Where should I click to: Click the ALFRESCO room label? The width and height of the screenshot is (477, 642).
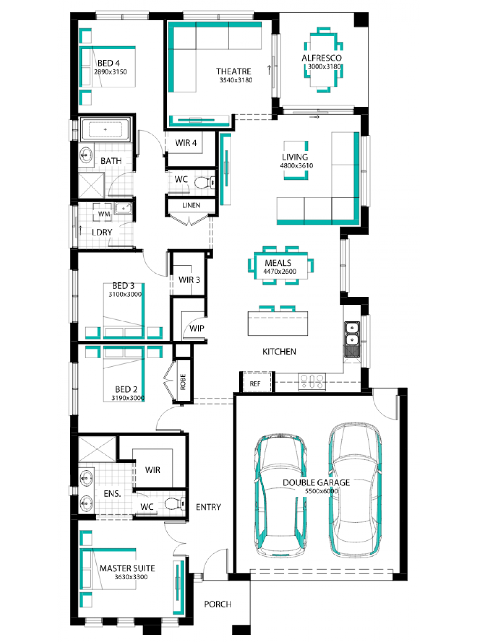321,58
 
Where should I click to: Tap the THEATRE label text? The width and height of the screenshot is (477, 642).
234,71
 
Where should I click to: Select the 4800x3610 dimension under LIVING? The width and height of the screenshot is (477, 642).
297,166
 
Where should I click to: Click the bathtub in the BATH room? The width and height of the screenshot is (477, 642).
105,130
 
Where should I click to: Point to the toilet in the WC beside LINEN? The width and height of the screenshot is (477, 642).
204,182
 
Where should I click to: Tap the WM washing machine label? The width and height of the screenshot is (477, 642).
104,214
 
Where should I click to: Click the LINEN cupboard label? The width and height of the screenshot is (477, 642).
191,205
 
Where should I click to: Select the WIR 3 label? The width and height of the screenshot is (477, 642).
189,280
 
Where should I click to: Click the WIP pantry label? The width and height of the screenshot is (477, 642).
197,328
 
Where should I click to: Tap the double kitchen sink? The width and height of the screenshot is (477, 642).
352,333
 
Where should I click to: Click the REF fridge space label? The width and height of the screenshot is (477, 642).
255,384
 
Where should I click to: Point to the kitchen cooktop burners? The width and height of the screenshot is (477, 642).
312,381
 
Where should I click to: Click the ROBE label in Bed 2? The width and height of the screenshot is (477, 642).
183,382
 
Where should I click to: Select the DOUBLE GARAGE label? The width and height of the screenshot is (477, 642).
316,483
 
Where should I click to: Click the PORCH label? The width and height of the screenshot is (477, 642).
218,604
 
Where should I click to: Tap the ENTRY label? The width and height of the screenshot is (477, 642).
208,507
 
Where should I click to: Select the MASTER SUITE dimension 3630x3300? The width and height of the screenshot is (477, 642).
131,577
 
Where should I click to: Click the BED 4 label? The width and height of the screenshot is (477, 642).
109,63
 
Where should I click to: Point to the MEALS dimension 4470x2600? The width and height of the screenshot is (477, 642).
280,272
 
